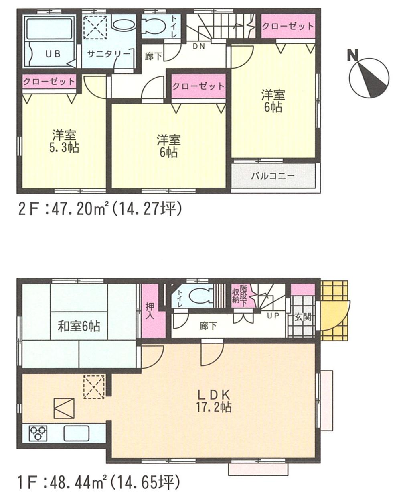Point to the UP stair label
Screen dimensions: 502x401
point(273,316)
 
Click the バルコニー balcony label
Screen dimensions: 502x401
point(273,176)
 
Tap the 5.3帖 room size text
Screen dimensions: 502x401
point(64,148)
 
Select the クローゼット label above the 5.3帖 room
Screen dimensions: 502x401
point(49,82)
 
